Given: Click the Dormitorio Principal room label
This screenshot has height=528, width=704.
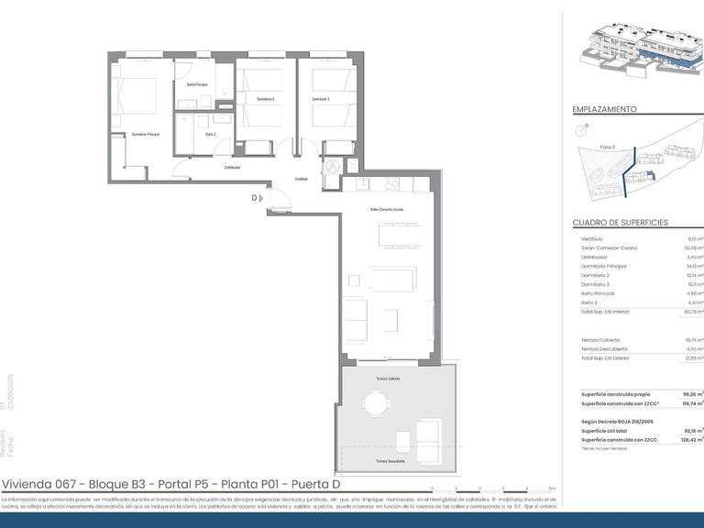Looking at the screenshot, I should point(146,134).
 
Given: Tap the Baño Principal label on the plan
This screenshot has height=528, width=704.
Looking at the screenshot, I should point(197,85).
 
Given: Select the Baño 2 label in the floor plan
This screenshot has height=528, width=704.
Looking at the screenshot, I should point(211,134).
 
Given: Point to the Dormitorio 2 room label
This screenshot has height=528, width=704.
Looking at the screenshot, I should point(266,98).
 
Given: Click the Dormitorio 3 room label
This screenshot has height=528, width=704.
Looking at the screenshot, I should point(320,98).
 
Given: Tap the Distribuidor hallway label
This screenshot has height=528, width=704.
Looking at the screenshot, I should point(233,167).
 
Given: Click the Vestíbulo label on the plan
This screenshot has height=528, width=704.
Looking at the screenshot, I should point(301,179).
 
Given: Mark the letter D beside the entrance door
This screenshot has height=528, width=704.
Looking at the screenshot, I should point(254,196).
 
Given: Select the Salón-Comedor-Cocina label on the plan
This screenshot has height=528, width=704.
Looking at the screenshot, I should point(387,210).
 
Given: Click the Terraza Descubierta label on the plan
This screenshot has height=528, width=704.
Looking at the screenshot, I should point(387,461).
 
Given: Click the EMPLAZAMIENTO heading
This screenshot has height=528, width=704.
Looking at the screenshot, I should point(604,109).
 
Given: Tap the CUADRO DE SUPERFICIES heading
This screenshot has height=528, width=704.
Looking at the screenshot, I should point(620,223).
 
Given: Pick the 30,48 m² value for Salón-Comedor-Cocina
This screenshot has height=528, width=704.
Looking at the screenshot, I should point(694,247).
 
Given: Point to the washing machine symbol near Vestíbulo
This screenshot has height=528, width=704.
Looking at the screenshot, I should point(333,167).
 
